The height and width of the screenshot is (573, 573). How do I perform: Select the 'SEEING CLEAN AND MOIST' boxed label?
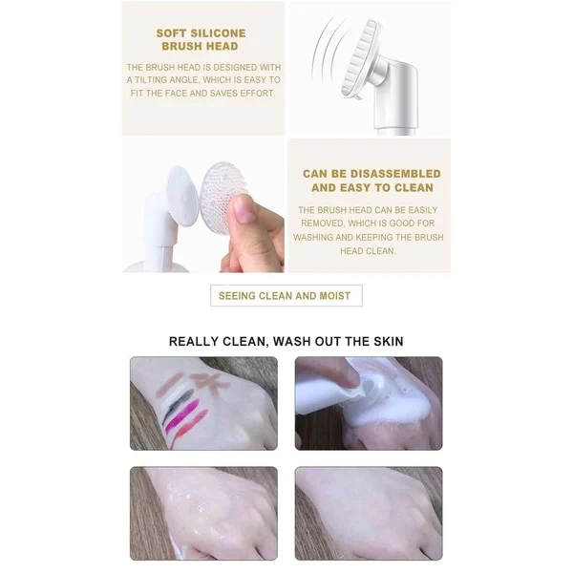tap(286, 295)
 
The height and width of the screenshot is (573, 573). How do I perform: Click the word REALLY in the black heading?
tap(194, 341)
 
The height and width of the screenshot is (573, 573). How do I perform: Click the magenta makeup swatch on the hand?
tap(181, 415)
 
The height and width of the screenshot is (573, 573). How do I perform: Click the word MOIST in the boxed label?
tap(335, 296)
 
